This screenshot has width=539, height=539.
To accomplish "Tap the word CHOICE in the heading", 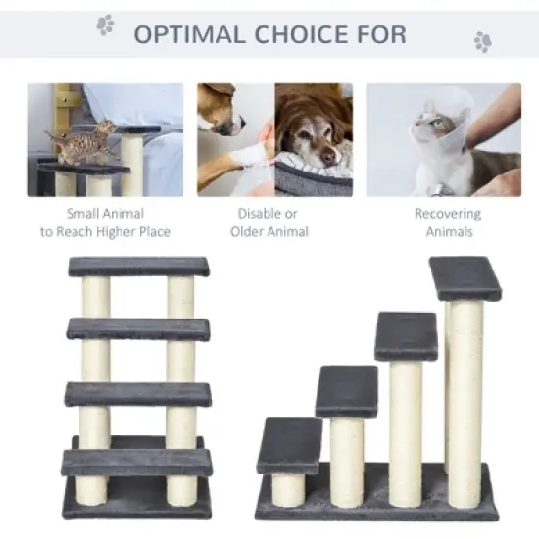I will click(298, 34).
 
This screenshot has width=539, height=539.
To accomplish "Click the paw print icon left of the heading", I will click(105, 24).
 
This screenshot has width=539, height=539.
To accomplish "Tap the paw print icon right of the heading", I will click(482, 41).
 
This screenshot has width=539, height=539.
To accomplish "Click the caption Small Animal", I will click(105, 213).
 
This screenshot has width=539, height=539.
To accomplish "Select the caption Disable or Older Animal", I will click(269, 222).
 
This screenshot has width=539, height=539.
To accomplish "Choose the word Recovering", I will click(447, 213).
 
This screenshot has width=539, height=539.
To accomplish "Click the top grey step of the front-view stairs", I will click(138, 267).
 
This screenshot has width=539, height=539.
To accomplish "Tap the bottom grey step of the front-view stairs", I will click(136, 462).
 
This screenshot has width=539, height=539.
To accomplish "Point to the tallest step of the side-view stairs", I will click(465, 277).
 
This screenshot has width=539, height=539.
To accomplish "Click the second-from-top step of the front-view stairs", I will click(138, 328).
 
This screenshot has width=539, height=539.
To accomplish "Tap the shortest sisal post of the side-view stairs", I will click(288, 489).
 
